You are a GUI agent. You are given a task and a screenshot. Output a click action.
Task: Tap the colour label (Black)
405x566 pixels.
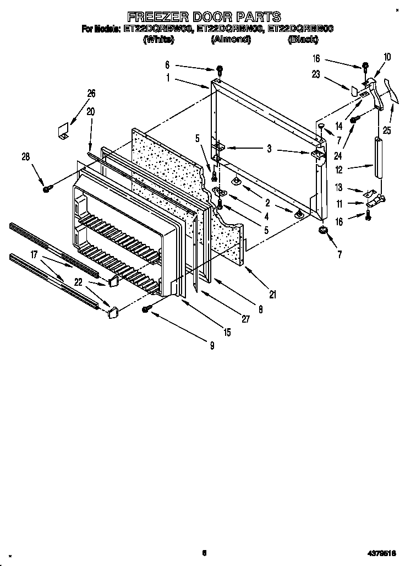pos(303,40)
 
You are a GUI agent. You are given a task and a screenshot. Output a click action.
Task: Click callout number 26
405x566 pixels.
pos(91,94)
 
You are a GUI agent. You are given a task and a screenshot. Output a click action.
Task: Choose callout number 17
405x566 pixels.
pos(34,255)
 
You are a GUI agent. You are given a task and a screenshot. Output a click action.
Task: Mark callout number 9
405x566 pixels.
pos(211,346)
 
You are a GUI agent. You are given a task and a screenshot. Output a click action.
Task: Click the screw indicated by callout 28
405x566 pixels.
pos(47,189)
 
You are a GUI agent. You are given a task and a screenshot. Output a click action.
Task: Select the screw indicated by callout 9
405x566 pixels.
pos(146,310)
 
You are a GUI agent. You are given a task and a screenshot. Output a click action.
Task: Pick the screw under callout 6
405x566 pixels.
pos(220,70)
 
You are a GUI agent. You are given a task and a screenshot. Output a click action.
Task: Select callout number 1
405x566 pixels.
pos(169,78)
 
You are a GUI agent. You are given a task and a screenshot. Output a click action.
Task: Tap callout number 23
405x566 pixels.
pos(316,75)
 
